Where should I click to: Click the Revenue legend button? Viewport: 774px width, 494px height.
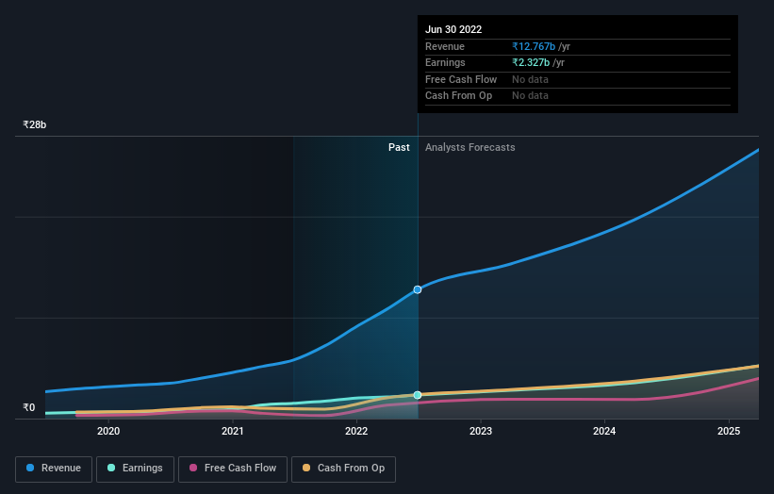tap(54, 469)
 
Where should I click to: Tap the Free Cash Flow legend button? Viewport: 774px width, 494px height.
tap(233, 469)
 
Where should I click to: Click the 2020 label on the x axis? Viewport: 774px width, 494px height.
tap(108, 432)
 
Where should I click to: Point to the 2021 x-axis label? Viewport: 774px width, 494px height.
tap(233, 432)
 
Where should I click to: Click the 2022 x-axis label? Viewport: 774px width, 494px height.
tap(356, 432)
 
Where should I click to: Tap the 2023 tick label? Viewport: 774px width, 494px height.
tap(481, 432)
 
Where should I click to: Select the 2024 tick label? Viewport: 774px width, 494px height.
tap(604, 432)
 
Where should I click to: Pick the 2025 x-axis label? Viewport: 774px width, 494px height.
tap(729, 432)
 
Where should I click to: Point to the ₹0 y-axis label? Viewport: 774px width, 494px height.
tap(29, 408)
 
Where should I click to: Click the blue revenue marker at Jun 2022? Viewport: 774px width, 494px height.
tap(418, 289)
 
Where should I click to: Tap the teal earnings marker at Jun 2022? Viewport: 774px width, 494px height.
tap(418, 395)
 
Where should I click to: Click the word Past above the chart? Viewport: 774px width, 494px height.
tap(399, 147)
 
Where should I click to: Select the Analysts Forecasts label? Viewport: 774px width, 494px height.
tap(470, 147)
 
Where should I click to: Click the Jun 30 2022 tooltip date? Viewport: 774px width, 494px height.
tap(453, 29)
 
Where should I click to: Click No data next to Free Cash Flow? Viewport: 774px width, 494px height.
tap(530, 79)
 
